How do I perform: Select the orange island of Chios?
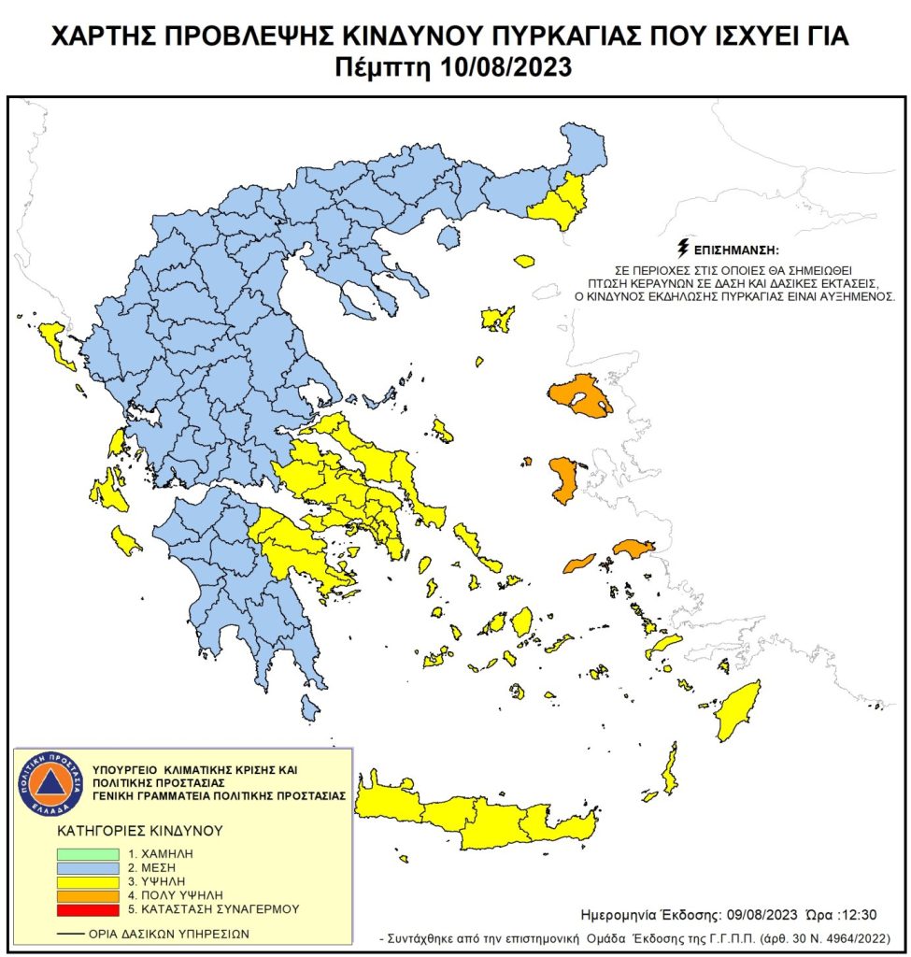(x=563, y=478)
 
